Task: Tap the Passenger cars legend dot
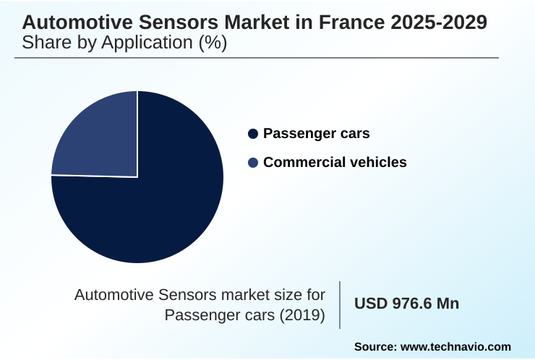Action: [x=252, y=134]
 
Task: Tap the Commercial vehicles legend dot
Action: [x=252, y=163]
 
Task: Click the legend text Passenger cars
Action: [x=317, y=134]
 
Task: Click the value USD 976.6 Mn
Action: [x=406, y=304]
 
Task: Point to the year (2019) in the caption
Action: [x=301, y=315]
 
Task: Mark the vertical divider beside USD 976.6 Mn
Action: [x=340, y=304]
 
